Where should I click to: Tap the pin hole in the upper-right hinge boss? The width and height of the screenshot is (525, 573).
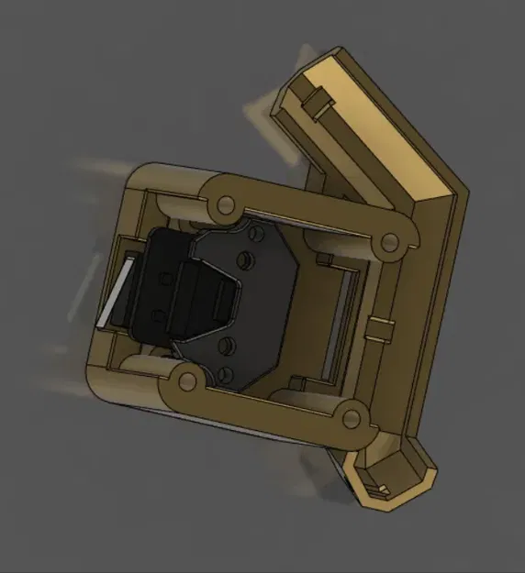[x=390, y=241]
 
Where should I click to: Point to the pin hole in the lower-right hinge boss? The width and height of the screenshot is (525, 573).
[x=352, y=418]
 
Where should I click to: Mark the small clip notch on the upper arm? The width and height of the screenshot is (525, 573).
[x=318, y=99]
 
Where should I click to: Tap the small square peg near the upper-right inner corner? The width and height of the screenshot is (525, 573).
[x=323, y=261]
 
